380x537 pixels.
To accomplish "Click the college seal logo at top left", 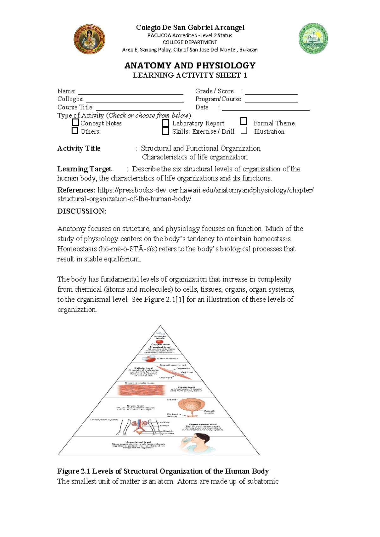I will pos(89,39).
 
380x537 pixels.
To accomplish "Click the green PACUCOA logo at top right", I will pos(313,38).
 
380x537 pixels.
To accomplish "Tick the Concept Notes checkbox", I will pos(75,122).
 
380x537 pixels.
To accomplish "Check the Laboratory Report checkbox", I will pos(166,123).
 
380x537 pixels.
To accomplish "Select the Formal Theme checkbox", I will pos(243,121).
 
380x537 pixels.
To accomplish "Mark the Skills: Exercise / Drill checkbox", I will pos(166,131).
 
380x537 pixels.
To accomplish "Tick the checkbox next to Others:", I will pos(75,130).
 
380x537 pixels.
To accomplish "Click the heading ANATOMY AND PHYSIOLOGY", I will pos(190,66).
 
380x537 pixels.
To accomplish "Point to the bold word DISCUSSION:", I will pos(82,211).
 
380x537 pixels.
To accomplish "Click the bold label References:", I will pos(76,190).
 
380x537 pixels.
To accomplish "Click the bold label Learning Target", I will pos(84,169).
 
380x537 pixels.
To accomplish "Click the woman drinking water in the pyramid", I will pos(197,442).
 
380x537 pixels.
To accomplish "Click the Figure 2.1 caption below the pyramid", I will pos(163,471).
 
